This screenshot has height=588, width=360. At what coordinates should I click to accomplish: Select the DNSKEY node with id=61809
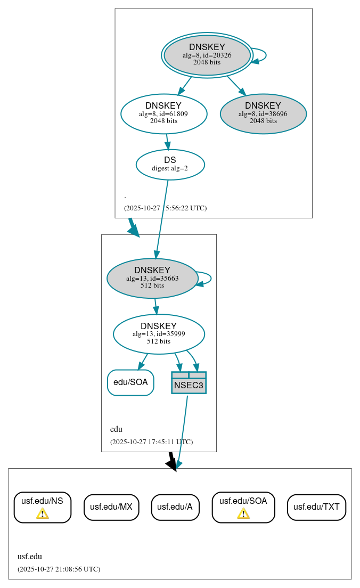(x=163, y=113)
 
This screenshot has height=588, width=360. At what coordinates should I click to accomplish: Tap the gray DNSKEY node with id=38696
(x=263, y=113)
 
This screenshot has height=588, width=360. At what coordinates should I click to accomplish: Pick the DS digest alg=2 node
(x=170, y=164)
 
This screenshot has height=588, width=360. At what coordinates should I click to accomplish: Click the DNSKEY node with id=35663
(x=152, y=278)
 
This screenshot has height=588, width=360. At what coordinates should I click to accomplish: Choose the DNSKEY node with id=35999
(x=159, y=334)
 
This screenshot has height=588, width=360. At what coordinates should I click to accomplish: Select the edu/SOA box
(x=130, y=382)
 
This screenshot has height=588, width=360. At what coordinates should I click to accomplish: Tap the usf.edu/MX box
(x=111, y=507)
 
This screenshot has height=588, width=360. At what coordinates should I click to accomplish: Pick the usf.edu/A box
(x=175, y=507)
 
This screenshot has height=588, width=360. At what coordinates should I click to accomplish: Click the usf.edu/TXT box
(x=316, y=507)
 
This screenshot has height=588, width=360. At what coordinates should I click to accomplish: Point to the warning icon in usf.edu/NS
(x=42, y=513)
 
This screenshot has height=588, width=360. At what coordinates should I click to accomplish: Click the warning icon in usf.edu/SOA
(x=243, y=513)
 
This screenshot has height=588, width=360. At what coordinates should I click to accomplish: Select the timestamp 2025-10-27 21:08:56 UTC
(x=59, y=569)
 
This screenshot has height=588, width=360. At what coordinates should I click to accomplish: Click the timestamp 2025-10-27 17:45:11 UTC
(x=151, y=442)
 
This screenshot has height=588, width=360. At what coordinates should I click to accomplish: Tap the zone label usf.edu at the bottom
(x=30, y=557)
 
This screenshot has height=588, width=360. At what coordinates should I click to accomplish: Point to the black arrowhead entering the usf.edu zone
(x=171, y=464)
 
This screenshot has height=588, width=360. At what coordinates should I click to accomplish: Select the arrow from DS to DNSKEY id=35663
(x=162, y=218)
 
